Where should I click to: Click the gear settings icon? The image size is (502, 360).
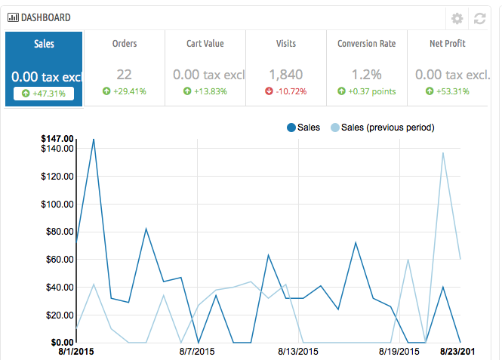pyautogui.click(x=457, y=19)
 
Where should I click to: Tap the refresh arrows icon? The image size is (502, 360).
pyautogui.click(x=479, y=19)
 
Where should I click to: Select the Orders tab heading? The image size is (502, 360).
pyautogui.click(x=125, y=44)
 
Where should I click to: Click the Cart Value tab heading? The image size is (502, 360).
pyautogui.click(x=205, y=44)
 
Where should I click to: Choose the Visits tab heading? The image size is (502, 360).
pyautogui.click(x=286, y=44)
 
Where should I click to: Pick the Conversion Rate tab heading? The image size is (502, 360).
pyautogui.click(x=366, y=44)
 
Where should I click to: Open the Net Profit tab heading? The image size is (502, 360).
pyautogui.click(x=448, y=44)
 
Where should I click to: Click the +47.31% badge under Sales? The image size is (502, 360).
pyautogui.click(x=44, y=94)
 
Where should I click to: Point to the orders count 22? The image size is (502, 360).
pyautogui.click(x=125, y=75)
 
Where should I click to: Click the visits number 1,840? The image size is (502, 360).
pyautogui.click(x=286, y=75)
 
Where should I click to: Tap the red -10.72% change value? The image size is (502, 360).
pyautogui.click(x=286, y=91)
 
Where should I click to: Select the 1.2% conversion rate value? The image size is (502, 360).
pyautogui.click(x=367, y=75)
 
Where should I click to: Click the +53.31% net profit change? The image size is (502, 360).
pyautogui.click(x=448, y=91)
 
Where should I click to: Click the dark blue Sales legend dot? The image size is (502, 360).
pyautogui.click(x=291, y=128)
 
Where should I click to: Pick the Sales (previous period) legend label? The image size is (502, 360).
pyautogui.click(x=387, y=128)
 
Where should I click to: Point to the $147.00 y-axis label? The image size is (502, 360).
pyautogui.click(x=58, y=139)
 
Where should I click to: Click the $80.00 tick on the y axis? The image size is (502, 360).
pyautogui.click(x=58, y=232)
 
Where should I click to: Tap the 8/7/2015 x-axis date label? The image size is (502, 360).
pyautogui.click(x=198, y=351)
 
